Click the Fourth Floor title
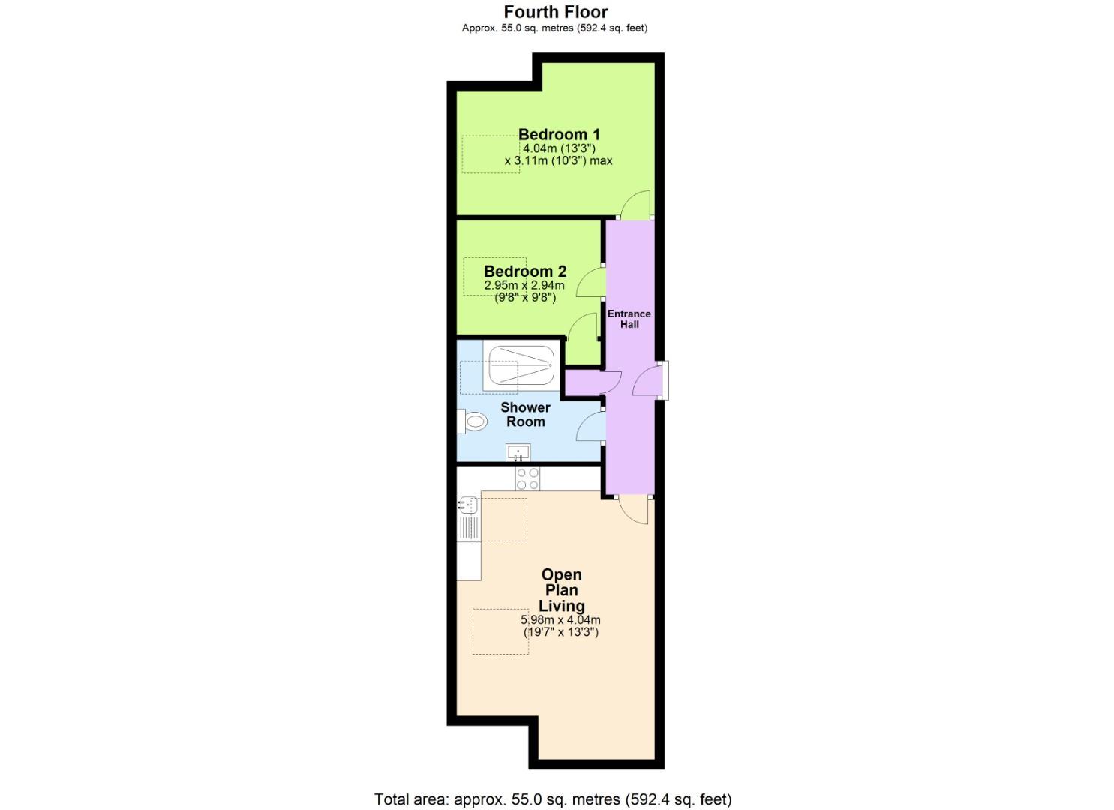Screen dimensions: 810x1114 pyautogui.click(x=556, y=12)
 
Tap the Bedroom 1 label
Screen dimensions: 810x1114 pyautogui.click(x=559, y=135)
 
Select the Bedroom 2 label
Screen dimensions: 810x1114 pyautogui.click(x=525, y=271)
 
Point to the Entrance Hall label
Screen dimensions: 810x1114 pyautogui.click(x=629, y=319)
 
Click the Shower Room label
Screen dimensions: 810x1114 pyautogui.click(x=525, y=414)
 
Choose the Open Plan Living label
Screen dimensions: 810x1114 pyautogui.click(x=562, y=590)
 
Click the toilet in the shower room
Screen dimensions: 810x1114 pyautogui.click(x=475, y=421)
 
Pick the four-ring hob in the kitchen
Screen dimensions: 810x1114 pyautogui.click(x=527, y=478)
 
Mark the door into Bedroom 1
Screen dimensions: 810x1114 pyautogui.click(x=636, y=205)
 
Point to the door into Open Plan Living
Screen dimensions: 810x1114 pyautogui.click(x=634, y=510)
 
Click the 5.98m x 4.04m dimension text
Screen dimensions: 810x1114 pyautogui.click(x=560, y=620)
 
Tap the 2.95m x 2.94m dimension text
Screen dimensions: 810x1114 pyautogui.click(x=524, y=286)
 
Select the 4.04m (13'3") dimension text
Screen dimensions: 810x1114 pyautogui.click(x=560, y=148)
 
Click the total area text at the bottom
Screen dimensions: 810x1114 pyautogui.click(x=553, y=799)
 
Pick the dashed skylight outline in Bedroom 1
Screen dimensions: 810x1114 pyautogui.click(x=491, y=154)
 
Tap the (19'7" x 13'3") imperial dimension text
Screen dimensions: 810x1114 pyautogui.click(x=560, y=632)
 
